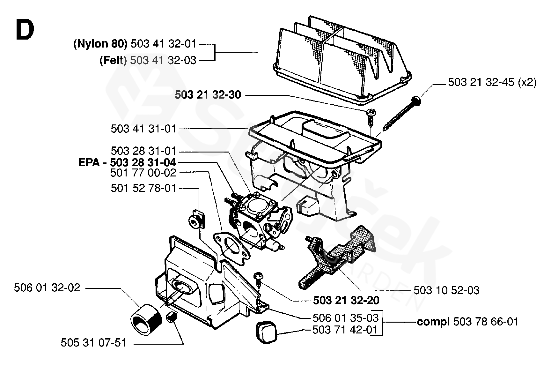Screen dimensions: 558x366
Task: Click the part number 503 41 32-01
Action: pos(163,44)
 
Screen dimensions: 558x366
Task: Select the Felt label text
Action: pos(113,60)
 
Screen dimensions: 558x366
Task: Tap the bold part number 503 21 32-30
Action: pos(208,95)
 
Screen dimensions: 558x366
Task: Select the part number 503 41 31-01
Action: pos(143,129)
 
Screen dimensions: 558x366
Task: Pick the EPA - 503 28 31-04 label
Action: pos(127,162)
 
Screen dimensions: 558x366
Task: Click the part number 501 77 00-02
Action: pos(143,173)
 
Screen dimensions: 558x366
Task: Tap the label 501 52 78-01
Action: pos(143,188)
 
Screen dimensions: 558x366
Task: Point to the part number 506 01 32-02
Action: pos(47,288)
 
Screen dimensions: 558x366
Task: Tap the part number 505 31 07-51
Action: pos(94,343)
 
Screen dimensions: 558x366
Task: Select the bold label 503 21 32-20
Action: pos(346,300)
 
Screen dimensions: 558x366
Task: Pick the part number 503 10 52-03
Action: pos(446,290)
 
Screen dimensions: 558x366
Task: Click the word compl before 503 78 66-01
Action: pos(433,322)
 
